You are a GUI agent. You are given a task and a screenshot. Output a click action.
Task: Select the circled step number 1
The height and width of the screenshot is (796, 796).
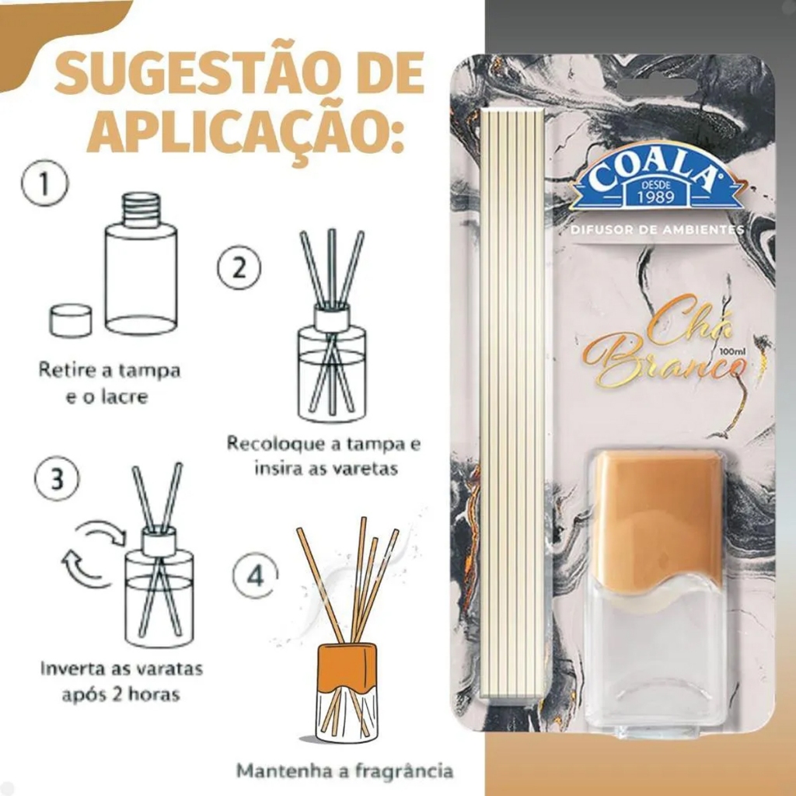point(44,183)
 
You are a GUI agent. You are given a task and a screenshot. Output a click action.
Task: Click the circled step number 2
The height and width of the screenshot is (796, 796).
point(239,267)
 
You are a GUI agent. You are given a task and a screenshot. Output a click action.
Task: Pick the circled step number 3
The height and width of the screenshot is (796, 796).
point(58,479)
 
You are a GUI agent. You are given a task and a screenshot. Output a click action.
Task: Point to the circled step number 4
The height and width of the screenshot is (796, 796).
point(255,575)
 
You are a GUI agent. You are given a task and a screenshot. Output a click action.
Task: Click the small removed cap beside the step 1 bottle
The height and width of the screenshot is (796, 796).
point(72,319)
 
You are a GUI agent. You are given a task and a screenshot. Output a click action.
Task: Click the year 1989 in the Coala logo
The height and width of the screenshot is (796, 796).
point(656,196)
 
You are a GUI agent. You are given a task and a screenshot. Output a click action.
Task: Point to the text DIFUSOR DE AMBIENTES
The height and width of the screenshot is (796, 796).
point(657,229)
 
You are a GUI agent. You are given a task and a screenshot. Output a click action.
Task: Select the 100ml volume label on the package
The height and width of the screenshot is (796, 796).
point(730,351)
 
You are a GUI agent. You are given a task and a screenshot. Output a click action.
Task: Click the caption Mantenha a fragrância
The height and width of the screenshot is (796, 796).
point(344,771)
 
